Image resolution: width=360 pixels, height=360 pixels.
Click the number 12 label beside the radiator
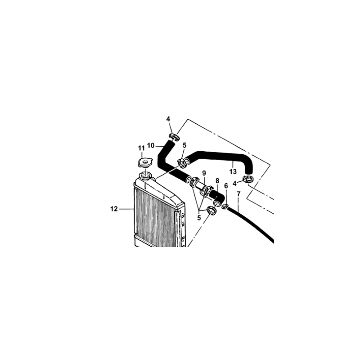(x=114, y=209)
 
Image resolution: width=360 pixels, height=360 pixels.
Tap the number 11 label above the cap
(x=141, y=148)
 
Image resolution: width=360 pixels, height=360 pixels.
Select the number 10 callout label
(x=151, y=145)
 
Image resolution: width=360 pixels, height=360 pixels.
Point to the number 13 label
(x=233, y=171)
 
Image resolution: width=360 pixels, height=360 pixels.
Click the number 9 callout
(x=204, y=173)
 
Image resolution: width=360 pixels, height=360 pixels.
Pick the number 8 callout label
(x=217, y=181)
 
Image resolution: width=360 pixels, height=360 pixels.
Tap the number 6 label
(x=226, y=186)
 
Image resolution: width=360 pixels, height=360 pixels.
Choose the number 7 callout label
(x=238, y=194)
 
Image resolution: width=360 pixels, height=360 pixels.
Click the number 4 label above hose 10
(x=168, y=119)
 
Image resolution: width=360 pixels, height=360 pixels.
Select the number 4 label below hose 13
(x=234, y=184)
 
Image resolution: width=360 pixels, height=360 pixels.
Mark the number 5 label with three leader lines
(x=199, y=218)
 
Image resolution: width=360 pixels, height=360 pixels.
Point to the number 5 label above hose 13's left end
(x=184, y=145)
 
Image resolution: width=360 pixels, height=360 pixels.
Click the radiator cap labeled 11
(x=145, y=162)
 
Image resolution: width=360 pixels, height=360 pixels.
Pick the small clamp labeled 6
(x=225, y=206)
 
